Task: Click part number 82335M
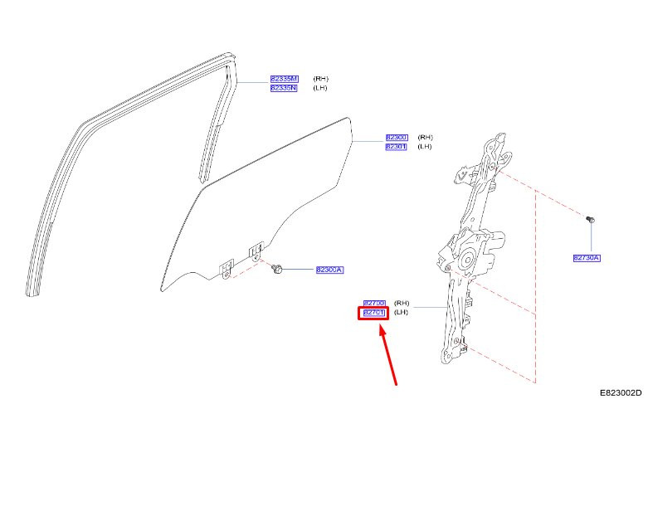[x=283, y=79]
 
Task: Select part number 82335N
[x=283, y=88]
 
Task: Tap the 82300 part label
[x=396, y=137]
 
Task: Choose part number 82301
[x=396, y=147]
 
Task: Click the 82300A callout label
[x=329, y=270]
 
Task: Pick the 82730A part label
[x=586, y=258]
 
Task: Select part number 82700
[x=374, y=304]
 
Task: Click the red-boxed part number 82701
[x=373, y=313]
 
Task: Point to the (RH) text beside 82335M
[x=320, y=79]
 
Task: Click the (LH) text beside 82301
[x=425, y=147]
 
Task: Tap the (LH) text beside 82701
[x=402, y=313]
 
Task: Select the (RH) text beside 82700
[x=402, y=304]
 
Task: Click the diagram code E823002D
[x=621, y=394]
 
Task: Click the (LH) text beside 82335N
[x=320, y=88]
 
